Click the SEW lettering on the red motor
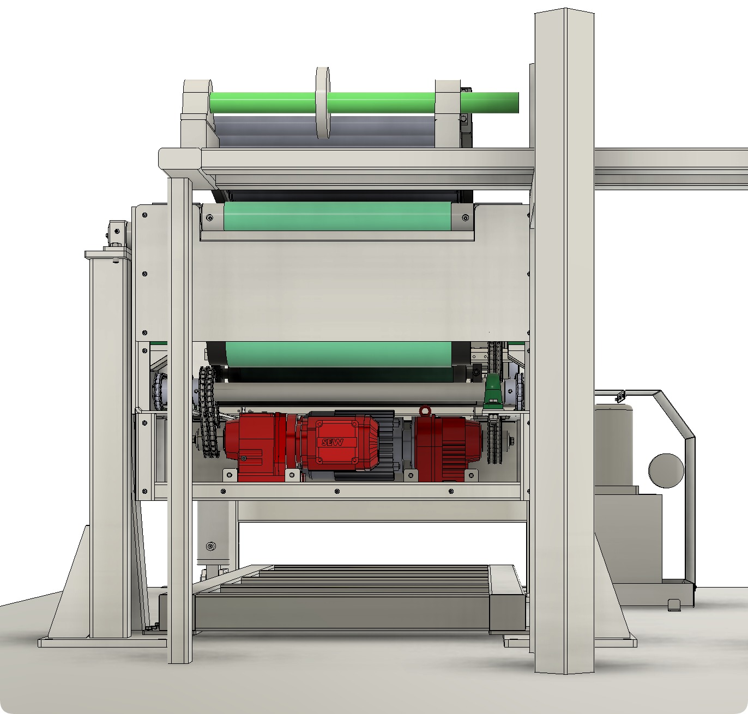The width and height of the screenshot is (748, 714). coord(332,442)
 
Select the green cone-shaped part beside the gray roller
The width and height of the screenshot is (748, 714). coord(492,392)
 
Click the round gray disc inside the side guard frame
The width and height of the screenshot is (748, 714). coord(666,470)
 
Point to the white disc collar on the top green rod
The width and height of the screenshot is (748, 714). coord(323,104)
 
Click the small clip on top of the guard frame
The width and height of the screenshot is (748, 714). coord(619,396)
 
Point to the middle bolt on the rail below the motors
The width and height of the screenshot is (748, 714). coord(336,491)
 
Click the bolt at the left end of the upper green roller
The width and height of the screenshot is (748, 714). coord(209,218)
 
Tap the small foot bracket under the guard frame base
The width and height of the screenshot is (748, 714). coord(674,604)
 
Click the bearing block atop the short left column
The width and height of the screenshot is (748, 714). coord(117,233)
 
